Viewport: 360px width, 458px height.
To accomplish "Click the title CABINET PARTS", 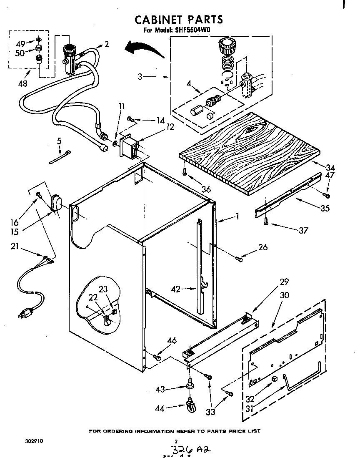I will [x=178, y=19].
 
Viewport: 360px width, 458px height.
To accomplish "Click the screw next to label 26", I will [x=239, y=259].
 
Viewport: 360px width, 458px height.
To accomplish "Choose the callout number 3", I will [x=140, y=77].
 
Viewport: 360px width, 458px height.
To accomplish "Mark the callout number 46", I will [x=172, y=341].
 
